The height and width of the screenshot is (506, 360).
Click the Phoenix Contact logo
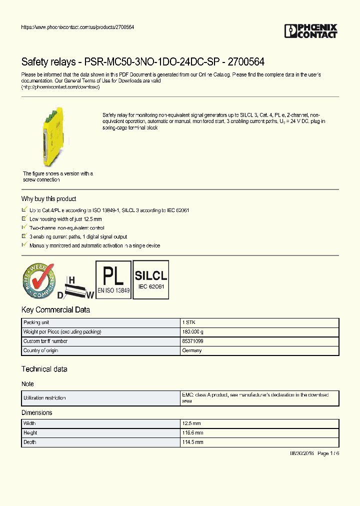[x=310, y=31]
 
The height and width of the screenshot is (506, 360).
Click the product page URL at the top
[x=77, y=26]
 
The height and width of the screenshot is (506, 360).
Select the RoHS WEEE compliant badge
[x=38, y=280]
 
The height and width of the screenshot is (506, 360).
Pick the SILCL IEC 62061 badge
[x=150, y=279]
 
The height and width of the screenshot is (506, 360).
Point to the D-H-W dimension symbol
[x=75, y=287]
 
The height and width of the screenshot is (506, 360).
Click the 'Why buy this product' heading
[x=48, y=199]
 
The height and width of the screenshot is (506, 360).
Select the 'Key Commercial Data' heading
[x=55, y=310]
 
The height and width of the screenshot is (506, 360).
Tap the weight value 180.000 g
[x=193, y=332]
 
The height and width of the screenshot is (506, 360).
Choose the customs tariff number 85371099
[x=192, y=341]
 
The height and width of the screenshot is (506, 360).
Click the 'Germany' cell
[x=192, y=350]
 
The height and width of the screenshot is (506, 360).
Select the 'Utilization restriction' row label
[x=44, y=398]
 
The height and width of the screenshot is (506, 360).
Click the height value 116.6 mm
[x=193, y=433]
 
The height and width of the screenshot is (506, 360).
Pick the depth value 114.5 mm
[x=193, y=442]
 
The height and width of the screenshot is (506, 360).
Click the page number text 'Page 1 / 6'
[x=328, y=453]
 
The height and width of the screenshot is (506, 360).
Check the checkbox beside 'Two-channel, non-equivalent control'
[x=24, y=227]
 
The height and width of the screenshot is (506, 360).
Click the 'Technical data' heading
[x=44, y=369]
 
